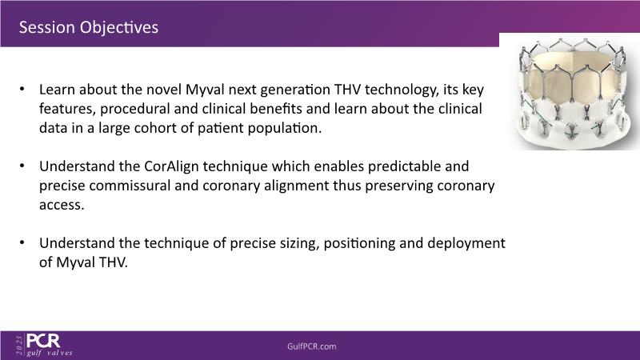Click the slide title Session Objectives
pyautogui.click(x=89, y=27)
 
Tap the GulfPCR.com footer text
pyautogui.click(x=312, y=346)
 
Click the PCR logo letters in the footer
pyautogui.click(x=43, y=341)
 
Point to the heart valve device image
pyautogui.click(x=572, y=93)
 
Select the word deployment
pyautogui.click(x=466, y=244)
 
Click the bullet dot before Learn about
pyautogui.click(x=22, y=89)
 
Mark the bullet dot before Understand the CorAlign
pyautogui.click(x=22, y=166)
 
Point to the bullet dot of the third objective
pyautogui.click(x=22, y=242)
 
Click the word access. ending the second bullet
pyautogui.click(x=62, y=205)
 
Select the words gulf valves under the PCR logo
pyautogui.click(x=50, y=353)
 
